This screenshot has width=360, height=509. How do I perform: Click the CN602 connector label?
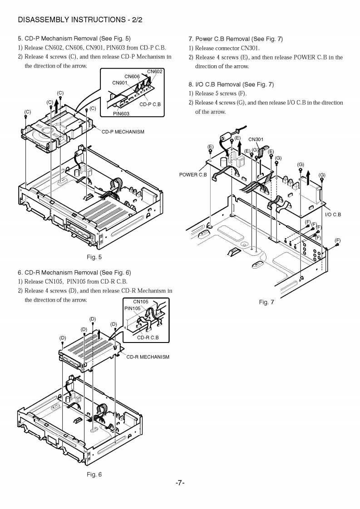point(155,71)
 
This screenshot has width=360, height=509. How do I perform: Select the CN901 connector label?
point(119,83)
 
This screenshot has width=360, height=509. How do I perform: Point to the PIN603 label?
point(122,113)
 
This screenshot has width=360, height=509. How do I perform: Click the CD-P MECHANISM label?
point(123,132)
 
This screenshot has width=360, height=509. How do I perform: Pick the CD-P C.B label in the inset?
point(150,104)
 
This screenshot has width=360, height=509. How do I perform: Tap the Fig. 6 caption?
point(94,475)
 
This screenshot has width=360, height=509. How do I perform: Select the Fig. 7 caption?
point(266,302)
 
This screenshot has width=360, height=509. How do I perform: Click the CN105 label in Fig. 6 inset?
point(141,302)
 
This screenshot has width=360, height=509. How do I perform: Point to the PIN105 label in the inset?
point(133,308)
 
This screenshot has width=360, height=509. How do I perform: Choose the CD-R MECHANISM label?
point(148,357)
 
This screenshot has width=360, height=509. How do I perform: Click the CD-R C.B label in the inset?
point(148,337)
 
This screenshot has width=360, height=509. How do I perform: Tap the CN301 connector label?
point(256,139)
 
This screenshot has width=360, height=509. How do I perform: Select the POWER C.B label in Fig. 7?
point(193,174)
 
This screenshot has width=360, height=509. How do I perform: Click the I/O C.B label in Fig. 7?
point(334,214)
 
